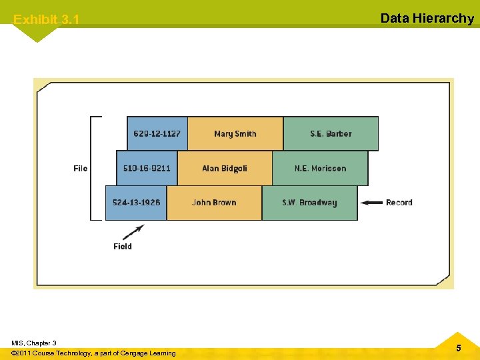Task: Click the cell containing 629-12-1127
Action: pos(157,133)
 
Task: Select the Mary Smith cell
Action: pos(235,133)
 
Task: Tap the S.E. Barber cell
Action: pos(331,133)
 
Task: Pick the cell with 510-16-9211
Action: pos(147,168)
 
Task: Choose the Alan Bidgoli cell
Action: pos(225,168)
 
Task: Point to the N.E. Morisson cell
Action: pos(320,168)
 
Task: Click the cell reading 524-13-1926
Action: pos(136,203)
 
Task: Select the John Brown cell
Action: pos(214,203)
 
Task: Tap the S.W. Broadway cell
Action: pos(309,203)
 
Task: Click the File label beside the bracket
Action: pos(81,168)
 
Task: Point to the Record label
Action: pos(399,203)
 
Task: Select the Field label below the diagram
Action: pos(123,247)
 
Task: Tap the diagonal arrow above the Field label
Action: pos(133,232)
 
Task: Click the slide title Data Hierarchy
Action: pos(427,18)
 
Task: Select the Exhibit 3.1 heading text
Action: pos(46,19)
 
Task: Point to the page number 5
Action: pos(458,348)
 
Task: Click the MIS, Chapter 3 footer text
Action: pos(34,343)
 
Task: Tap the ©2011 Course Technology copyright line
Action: pos(93,353)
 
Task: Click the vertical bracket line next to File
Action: pos(92,168)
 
